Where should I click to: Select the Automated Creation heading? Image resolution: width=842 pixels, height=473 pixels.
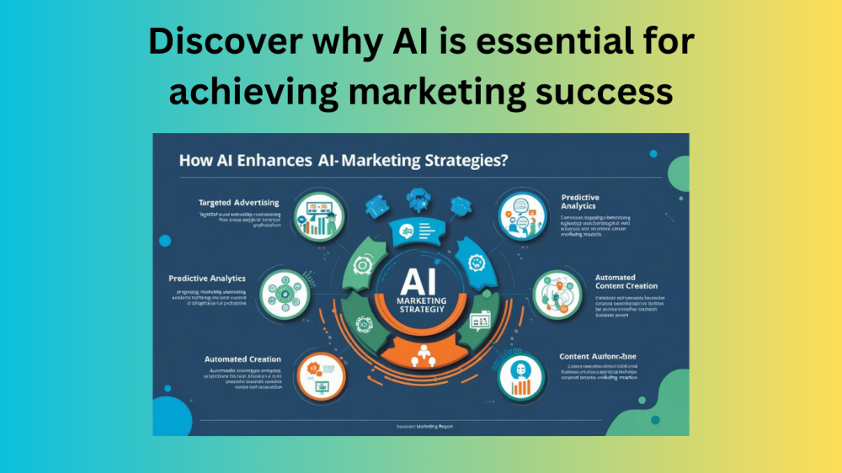pyautogui.click(x=242, y=359)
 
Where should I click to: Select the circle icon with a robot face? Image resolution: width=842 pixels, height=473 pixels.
pyautogui.click(x=519, y=376)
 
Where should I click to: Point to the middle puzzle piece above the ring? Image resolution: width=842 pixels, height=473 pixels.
pyautogui.click(x=418, y=199)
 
